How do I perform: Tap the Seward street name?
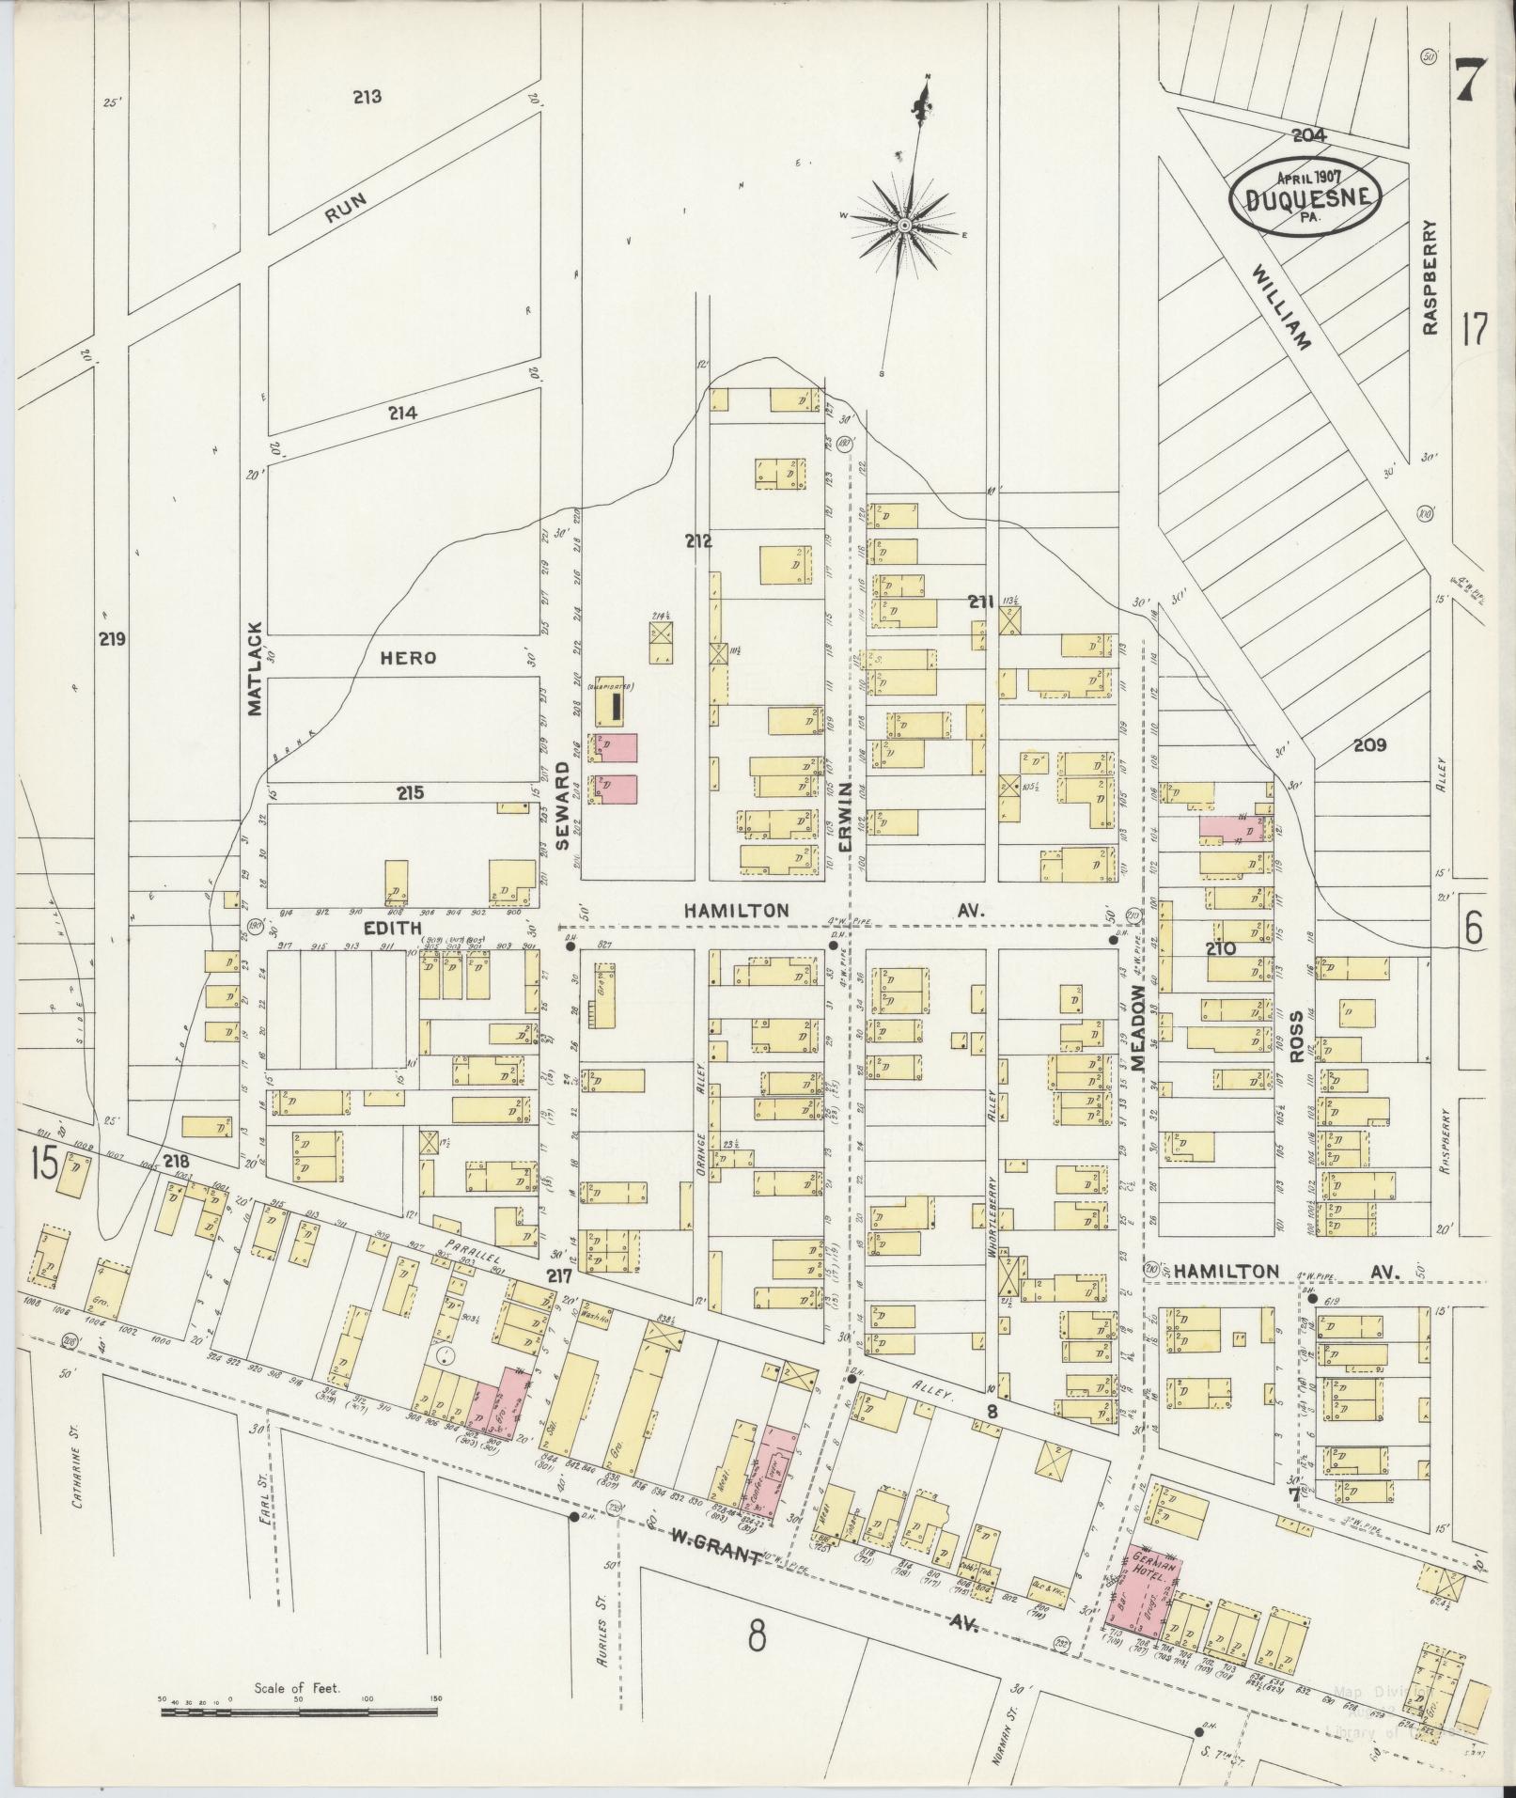(x=562, y=806)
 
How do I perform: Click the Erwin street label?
(x=844, y=818)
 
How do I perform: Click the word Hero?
(x=409, y=658)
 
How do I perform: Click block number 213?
(x=367, y=97)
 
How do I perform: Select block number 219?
(x=113, y=639)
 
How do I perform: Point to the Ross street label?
(x=1298, y=1036)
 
